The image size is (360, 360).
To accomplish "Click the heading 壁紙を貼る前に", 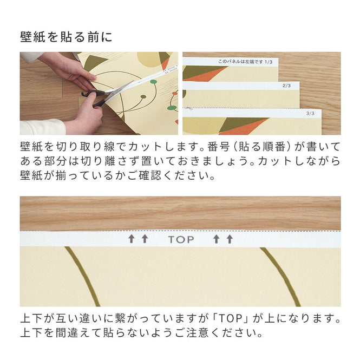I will (66, 37).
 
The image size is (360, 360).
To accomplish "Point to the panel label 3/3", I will (310, 114).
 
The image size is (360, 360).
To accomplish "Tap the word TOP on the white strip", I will (180, 239).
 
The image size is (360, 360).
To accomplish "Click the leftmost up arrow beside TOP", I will (131, 239).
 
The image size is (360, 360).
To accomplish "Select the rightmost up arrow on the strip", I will (230, 239).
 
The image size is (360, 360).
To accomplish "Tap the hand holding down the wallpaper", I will (68, 70).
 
